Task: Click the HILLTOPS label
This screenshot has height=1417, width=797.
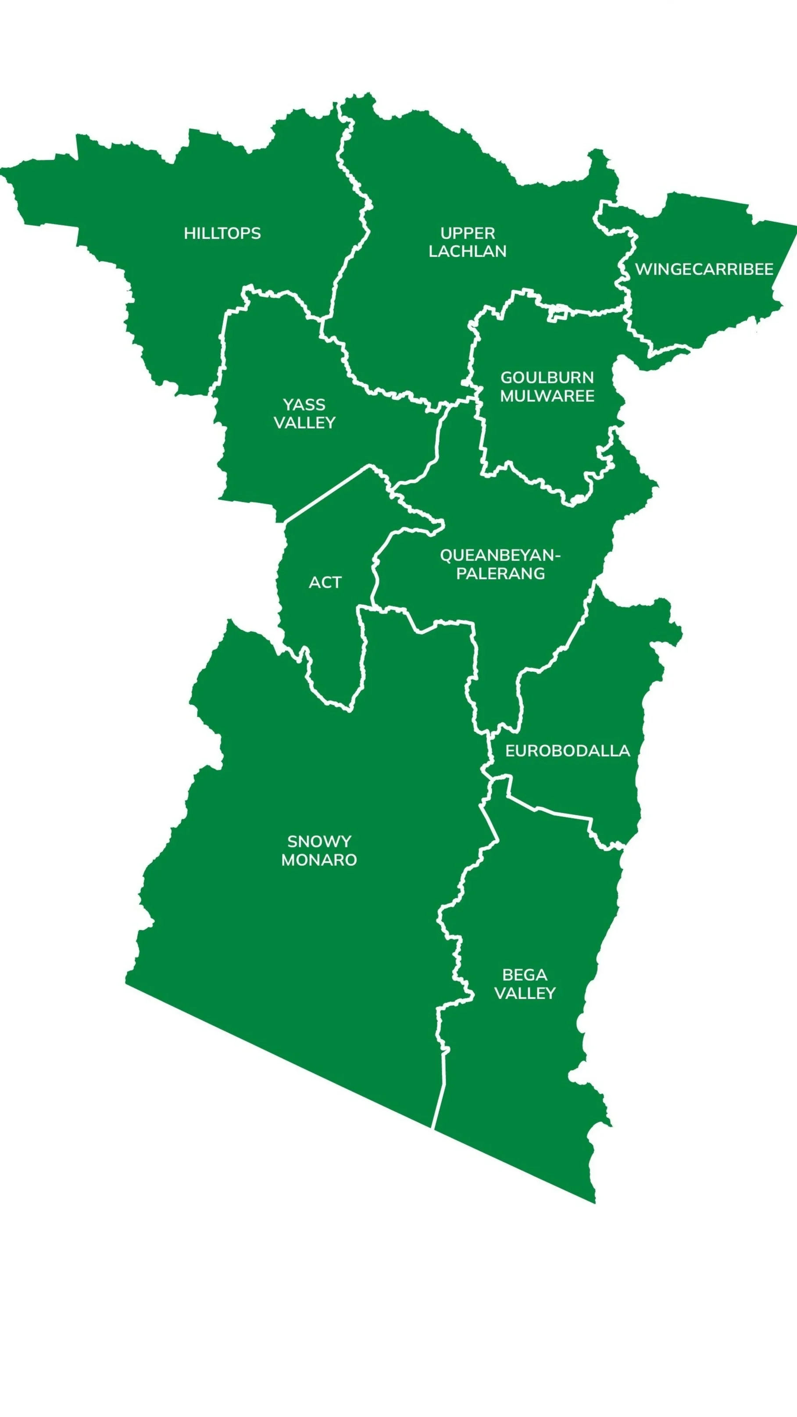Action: pos(222,233)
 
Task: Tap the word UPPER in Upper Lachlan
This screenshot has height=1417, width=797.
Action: pos(468,233)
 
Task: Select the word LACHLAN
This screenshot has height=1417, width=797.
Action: pos(468,251)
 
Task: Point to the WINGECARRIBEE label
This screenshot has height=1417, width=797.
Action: pos(704,270)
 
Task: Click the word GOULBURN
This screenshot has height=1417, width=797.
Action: pos(547,378)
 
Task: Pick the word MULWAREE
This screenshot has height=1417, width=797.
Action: pos(547,396)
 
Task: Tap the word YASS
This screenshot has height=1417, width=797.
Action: pos(304,405)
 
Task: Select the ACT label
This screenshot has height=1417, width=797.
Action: pos(325,582)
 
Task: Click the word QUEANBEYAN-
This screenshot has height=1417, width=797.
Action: pos(500,556)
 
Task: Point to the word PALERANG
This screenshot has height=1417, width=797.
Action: pos(500,574)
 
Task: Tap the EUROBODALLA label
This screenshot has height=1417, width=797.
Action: pos(567,751)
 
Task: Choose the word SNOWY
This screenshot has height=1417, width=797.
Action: pos(319,842)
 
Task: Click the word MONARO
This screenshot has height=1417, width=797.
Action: pos(319,860)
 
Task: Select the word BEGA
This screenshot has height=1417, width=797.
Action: pos(524,975)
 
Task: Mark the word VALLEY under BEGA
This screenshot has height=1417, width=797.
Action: pos(525,993)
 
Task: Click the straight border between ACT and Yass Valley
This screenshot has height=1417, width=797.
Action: pos(327,493)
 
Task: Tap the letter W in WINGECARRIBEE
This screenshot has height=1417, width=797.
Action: pos(643,270)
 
